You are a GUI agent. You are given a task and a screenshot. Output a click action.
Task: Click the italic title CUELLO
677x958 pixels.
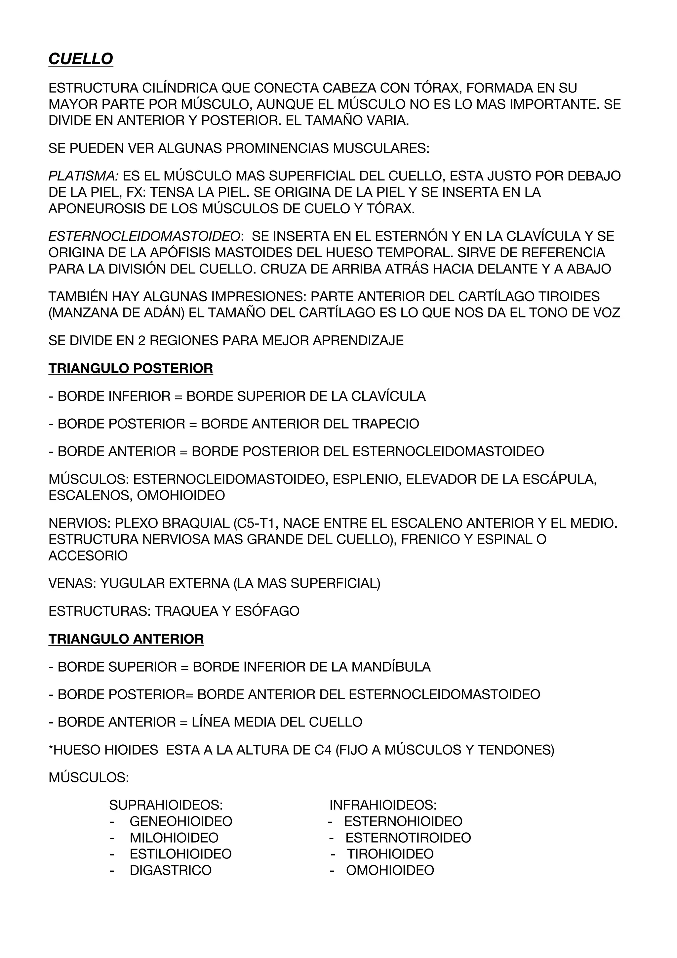point(81,59)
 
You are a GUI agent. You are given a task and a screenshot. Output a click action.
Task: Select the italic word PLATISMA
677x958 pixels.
point(83,176)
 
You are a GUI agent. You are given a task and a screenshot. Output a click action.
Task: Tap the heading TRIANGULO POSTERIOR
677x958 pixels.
point(131,368)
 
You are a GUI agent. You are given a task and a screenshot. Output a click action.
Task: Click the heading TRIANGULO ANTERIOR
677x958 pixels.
point(126,639)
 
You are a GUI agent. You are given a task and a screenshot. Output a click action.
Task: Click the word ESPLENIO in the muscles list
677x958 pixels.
point(365,479)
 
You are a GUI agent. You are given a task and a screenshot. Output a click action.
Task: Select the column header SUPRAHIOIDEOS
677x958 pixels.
point(166,805)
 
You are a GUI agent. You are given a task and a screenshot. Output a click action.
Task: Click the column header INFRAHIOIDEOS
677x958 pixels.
point(383,805)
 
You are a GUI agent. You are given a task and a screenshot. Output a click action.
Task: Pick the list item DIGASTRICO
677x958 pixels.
point(171,870)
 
